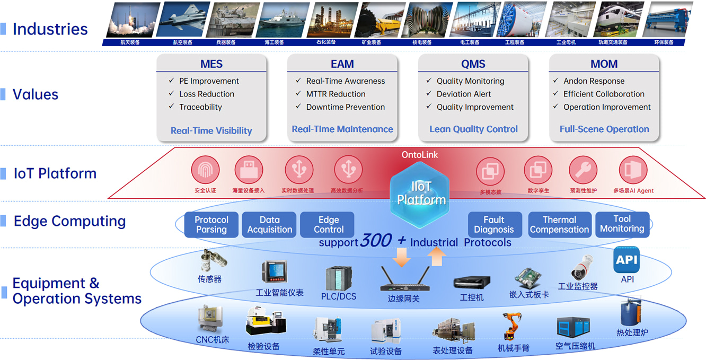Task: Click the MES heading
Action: click(x=211, y=64)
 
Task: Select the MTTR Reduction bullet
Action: click(x=336, y=94)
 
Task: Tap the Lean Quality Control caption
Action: click(x=473, y=129)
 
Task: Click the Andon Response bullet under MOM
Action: click(x=594, y=81)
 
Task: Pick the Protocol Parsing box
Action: click(x=211, y=225)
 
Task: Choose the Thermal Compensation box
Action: click(x=559, y=225)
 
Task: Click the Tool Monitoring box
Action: click(x=622, y=224)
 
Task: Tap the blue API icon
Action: click(x=626, y=260)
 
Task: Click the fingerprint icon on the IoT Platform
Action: click(x=205, y=170)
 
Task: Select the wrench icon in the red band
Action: click(x=583, y=170)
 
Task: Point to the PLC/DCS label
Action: click(x=339, y=296)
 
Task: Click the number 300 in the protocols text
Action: click(x=376, y=241)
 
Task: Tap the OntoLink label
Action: click(x=420, y=155)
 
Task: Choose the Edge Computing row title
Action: click(x=69, y=221)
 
